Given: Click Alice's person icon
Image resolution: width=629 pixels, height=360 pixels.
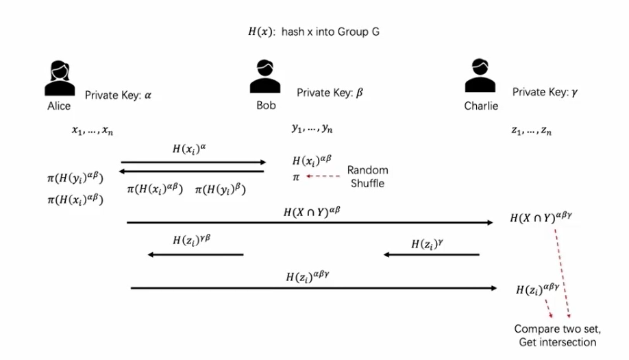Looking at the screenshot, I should (60, 77).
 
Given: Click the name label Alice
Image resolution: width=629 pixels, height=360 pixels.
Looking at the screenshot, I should (59, 106).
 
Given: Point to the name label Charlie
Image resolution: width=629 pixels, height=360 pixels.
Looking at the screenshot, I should (481, 106).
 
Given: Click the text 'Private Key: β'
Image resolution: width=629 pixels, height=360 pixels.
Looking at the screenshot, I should (330, 93).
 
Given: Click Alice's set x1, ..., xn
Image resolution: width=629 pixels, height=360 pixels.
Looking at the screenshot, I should (92, 130).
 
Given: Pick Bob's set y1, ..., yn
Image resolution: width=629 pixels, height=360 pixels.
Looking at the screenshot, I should (312, 128).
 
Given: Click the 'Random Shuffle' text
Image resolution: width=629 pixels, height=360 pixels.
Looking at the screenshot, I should (368, 176).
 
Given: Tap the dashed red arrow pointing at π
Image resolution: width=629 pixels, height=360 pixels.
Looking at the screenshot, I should (323, 177).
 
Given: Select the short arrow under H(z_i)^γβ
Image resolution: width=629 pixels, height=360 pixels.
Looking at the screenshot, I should (196, 255).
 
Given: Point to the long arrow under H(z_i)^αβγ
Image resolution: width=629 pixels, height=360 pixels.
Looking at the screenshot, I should (314, 288).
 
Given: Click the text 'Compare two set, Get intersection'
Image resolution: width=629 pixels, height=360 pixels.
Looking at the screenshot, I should (555, 335).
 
